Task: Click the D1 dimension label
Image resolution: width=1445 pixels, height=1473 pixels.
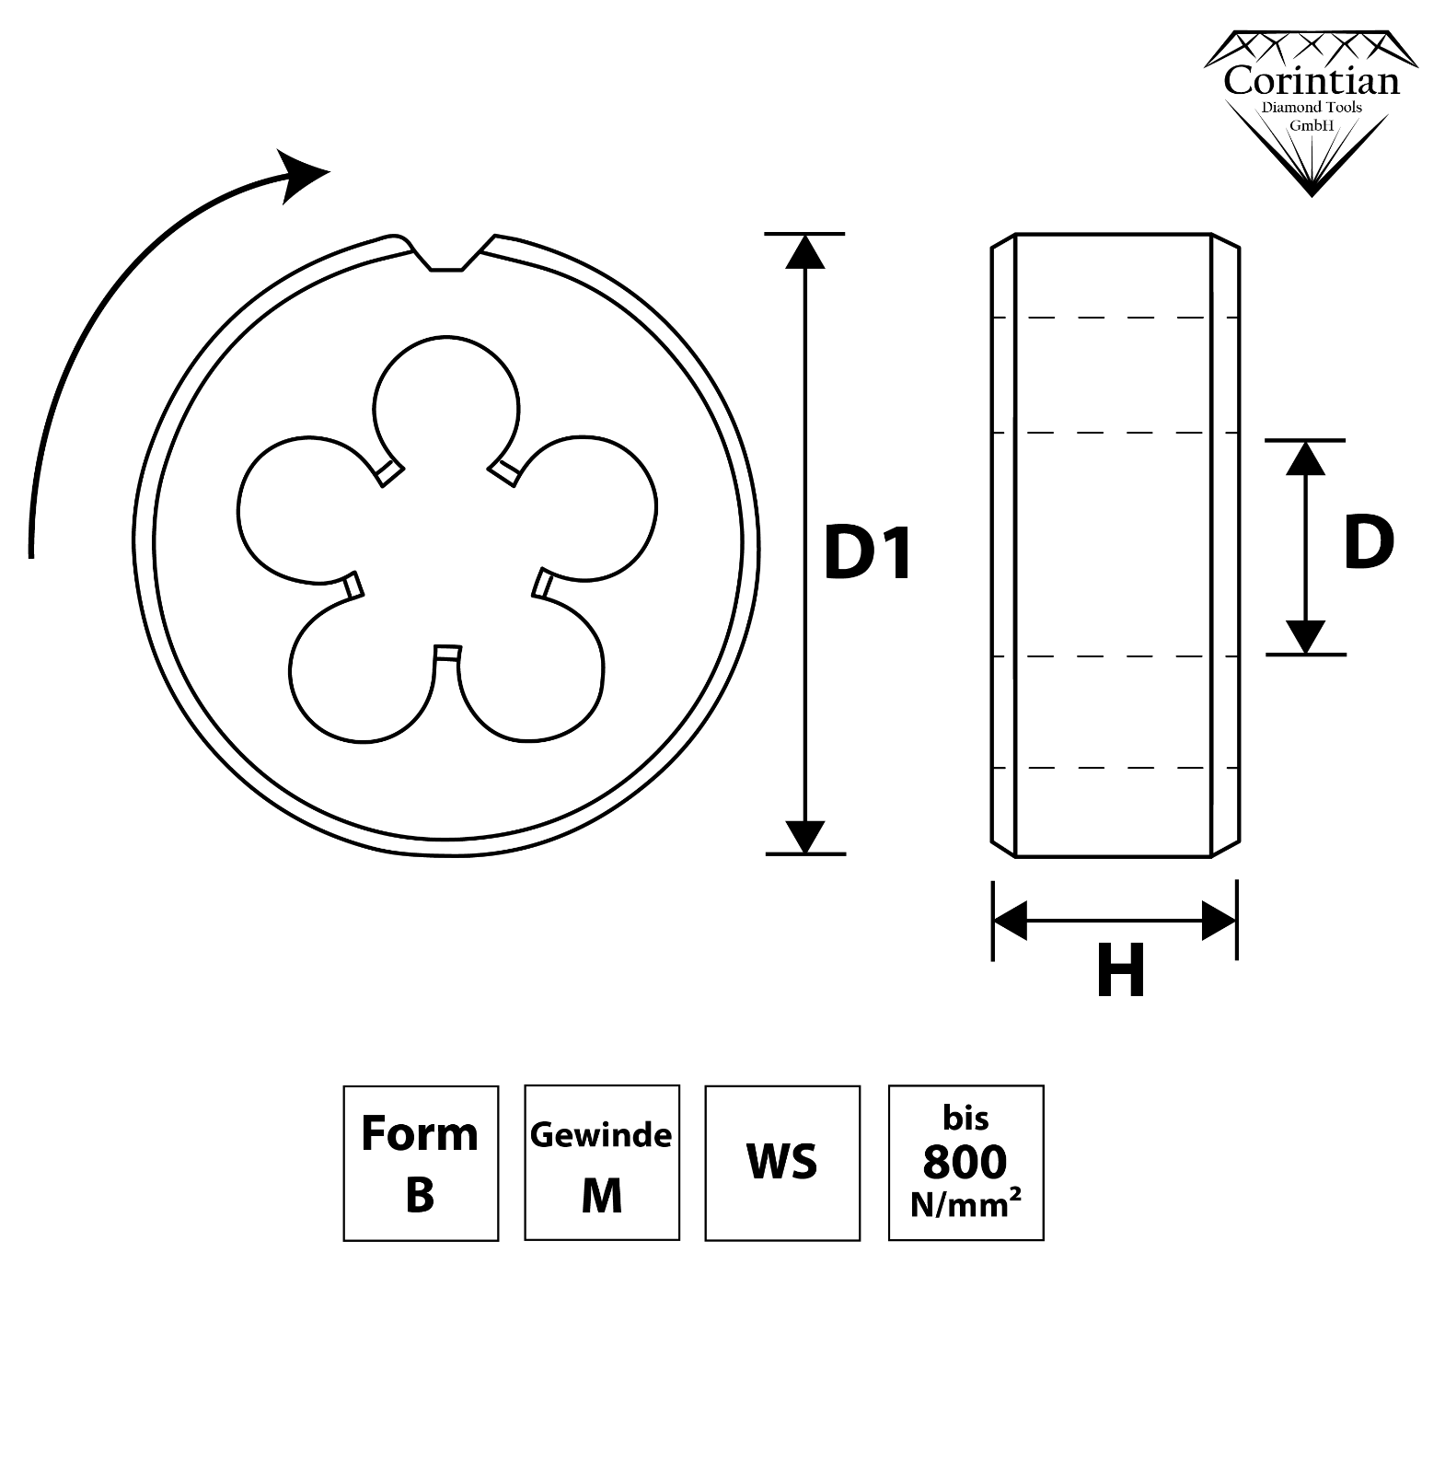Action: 868,554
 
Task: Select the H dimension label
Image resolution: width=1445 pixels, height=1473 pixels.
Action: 1120,971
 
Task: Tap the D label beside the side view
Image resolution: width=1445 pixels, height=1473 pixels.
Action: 1368,543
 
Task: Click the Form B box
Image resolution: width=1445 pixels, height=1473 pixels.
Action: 421,1163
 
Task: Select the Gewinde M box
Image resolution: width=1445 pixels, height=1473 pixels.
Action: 602,1163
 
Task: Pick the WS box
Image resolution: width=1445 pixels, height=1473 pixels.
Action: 782,1163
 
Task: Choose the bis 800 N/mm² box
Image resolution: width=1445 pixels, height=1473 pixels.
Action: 965,1163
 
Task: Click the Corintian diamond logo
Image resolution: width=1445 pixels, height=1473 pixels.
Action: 1311,110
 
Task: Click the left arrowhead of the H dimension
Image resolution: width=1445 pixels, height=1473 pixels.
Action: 1010,921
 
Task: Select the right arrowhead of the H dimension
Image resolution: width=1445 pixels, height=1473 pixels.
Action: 1220,921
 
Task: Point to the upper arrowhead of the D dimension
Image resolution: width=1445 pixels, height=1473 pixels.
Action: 1305,458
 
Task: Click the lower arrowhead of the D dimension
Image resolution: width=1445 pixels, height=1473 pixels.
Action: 1305,637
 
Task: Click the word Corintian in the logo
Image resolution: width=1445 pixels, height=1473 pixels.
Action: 1311,81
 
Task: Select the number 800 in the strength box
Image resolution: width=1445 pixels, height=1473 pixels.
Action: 965,1162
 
